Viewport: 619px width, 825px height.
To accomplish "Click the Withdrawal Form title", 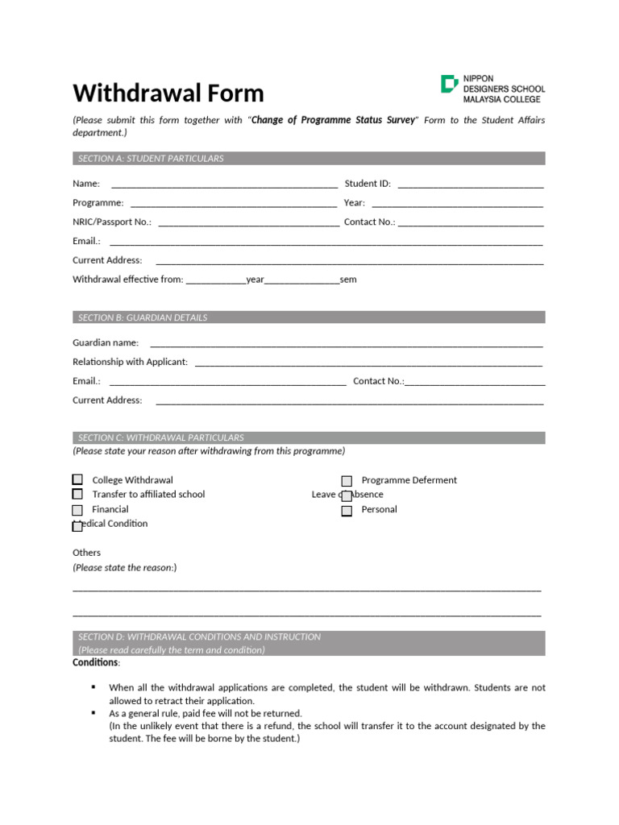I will tap(168, 93).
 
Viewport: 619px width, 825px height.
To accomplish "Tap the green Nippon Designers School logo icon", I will tap(449, 84).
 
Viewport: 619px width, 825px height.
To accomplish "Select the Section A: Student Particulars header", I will tap(151, 159).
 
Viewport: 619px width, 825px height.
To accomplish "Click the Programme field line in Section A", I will tap(233, 204).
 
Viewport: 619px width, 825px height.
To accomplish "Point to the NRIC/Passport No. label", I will tap(112, 222).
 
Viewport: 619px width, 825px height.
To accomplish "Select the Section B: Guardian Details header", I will tap(143, 317).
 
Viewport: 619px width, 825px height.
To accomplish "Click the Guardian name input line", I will tap(346, 344).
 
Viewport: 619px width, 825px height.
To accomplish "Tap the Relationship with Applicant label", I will tap(130, 362).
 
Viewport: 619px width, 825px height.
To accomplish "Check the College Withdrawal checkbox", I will tap(77, 480).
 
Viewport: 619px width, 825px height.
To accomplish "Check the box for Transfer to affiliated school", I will tap(77, 495).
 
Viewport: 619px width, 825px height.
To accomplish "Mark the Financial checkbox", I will tap(77, 510).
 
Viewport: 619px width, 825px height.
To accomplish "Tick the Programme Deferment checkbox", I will tap(347, 481).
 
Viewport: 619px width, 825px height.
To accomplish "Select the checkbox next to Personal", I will tap(347, 511).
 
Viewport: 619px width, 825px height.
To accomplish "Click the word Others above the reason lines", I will tap(86, 553).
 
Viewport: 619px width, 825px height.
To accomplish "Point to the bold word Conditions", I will tap(95, 662).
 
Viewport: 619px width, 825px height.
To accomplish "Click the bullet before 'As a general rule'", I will tap(93, 712).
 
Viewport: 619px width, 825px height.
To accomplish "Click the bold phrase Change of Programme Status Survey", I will tap(333, 120).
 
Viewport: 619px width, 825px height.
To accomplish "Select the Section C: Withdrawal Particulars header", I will tap(160, 437).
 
